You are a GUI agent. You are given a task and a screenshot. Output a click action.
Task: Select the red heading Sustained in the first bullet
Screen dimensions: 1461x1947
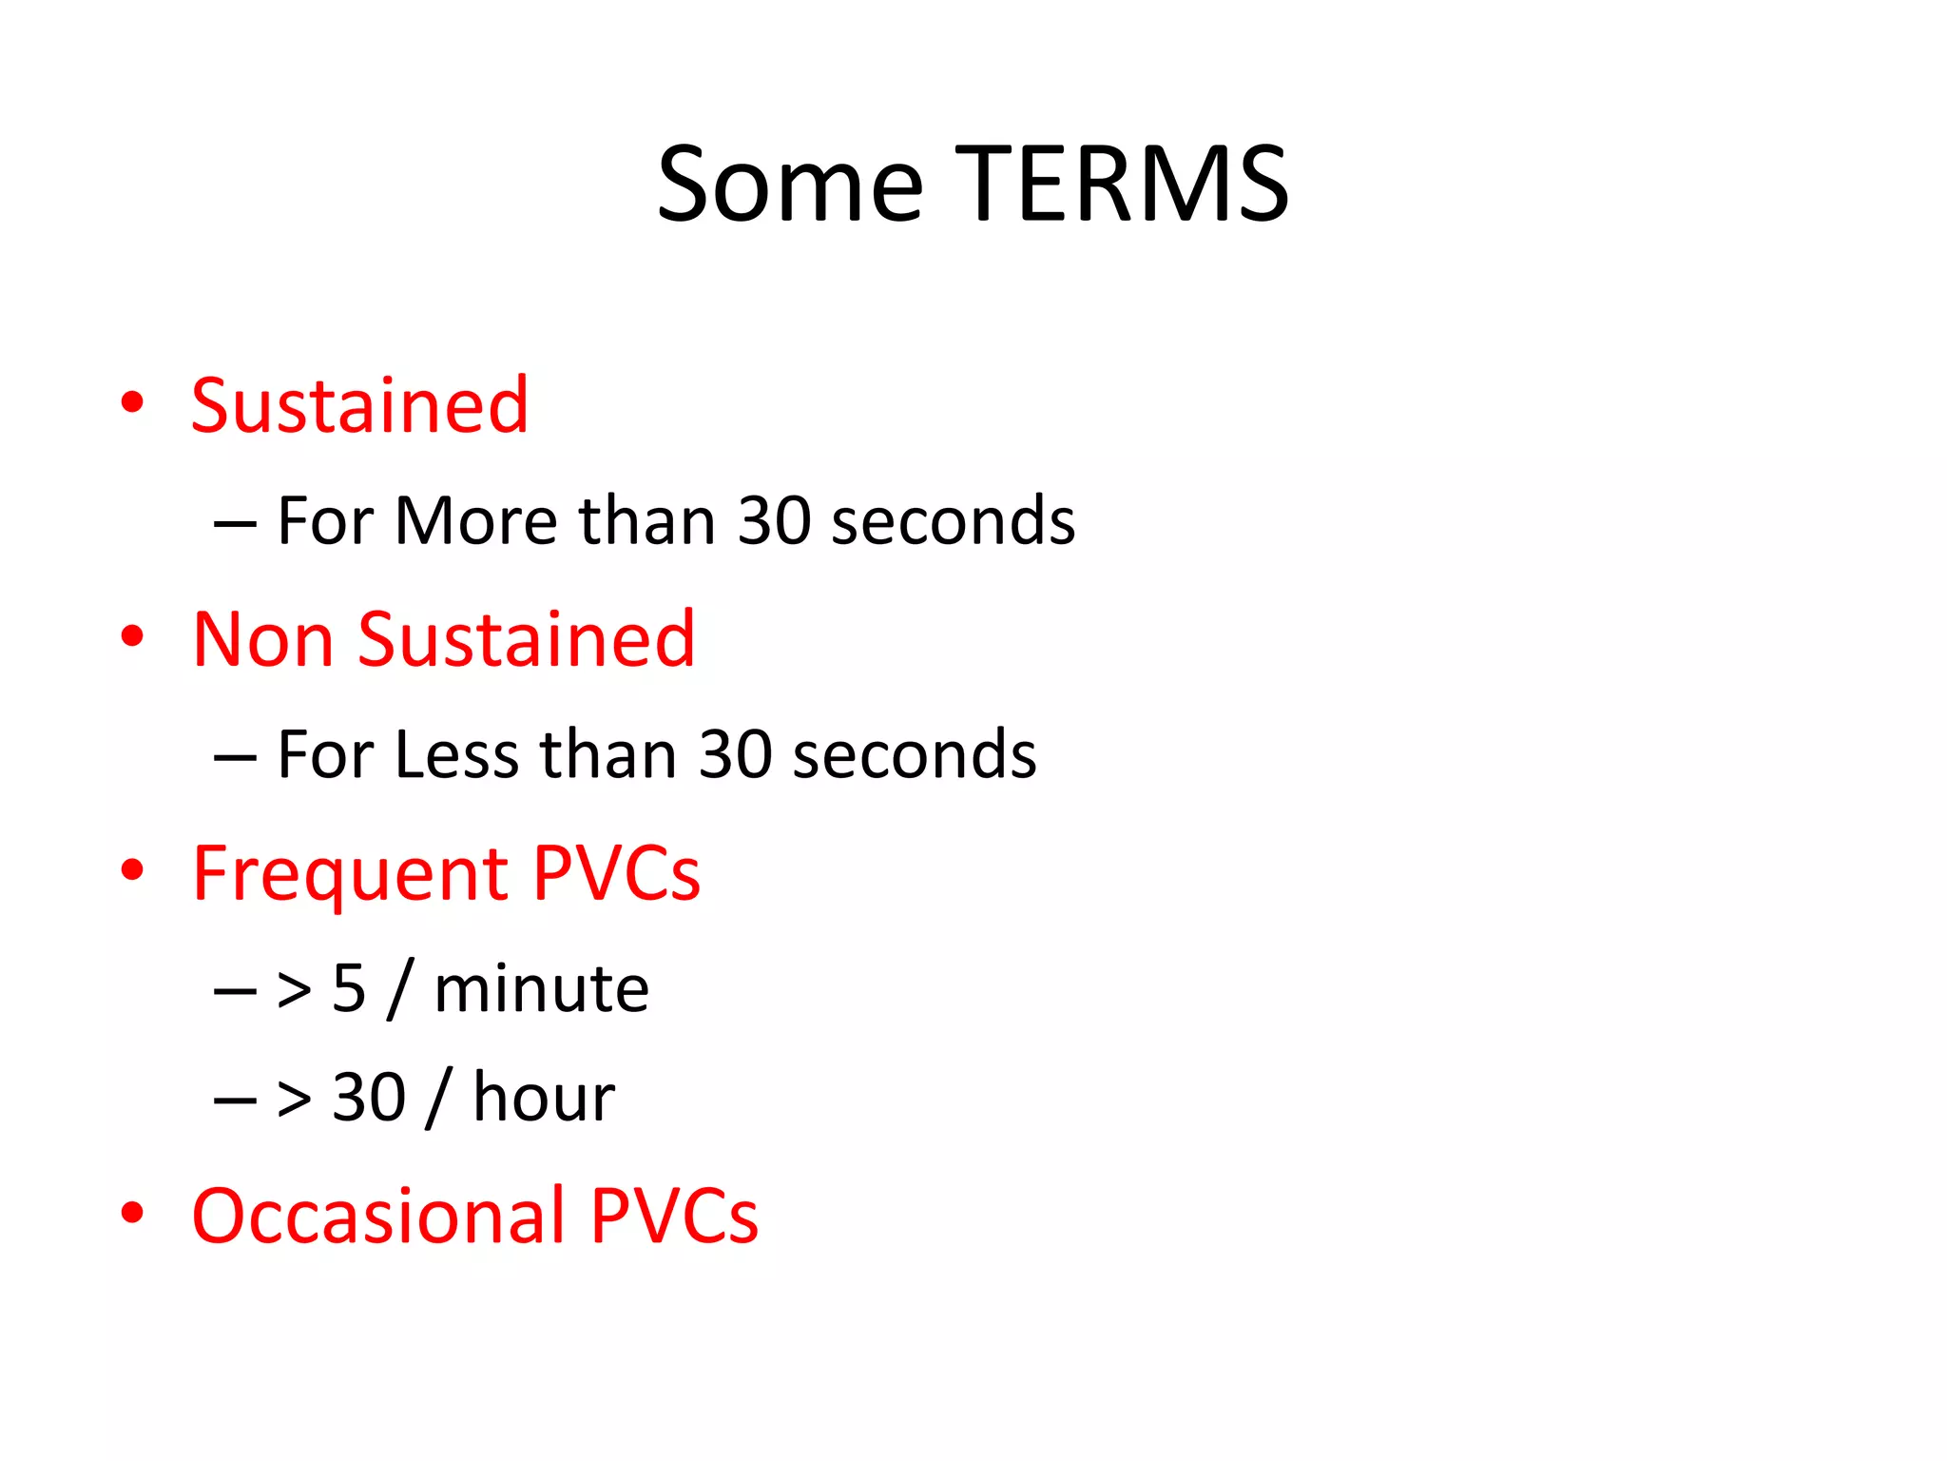tap(359, 406)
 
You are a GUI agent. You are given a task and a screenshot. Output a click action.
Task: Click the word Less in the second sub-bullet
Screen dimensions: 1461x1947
tap(456, 755)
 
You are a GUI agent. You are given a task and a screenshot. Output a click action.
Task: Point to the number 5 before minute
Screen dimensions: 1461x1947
tap(349, 989)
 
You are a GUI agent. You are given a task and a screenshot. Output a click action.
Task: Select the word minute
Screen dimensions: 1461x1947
tap(541, 989)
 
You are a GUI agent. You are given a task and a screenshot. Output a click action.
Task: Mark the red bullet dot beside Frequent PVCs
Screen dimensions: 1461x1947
tap(133, 869)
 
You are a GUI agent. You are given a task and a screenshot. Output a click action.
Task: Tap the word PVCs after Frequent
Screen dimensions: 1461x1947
tap(616, 873)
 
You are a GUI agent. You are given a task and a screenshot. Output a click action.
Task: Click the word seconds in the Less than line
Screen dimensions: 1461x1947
tap(914, 755)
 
